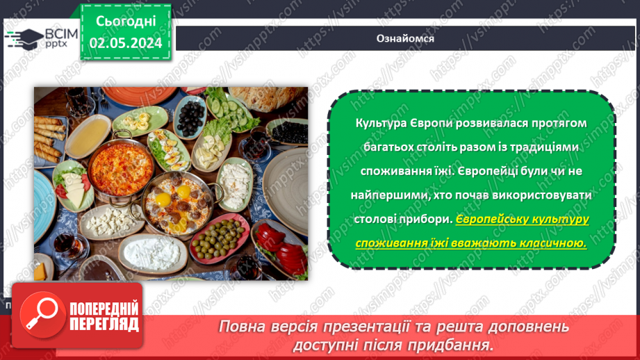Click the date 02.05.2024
tap(126, 43)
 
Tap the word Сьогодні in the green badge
tap(126, 21)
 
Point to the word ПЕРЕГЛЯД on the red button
tap(104, 325)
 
